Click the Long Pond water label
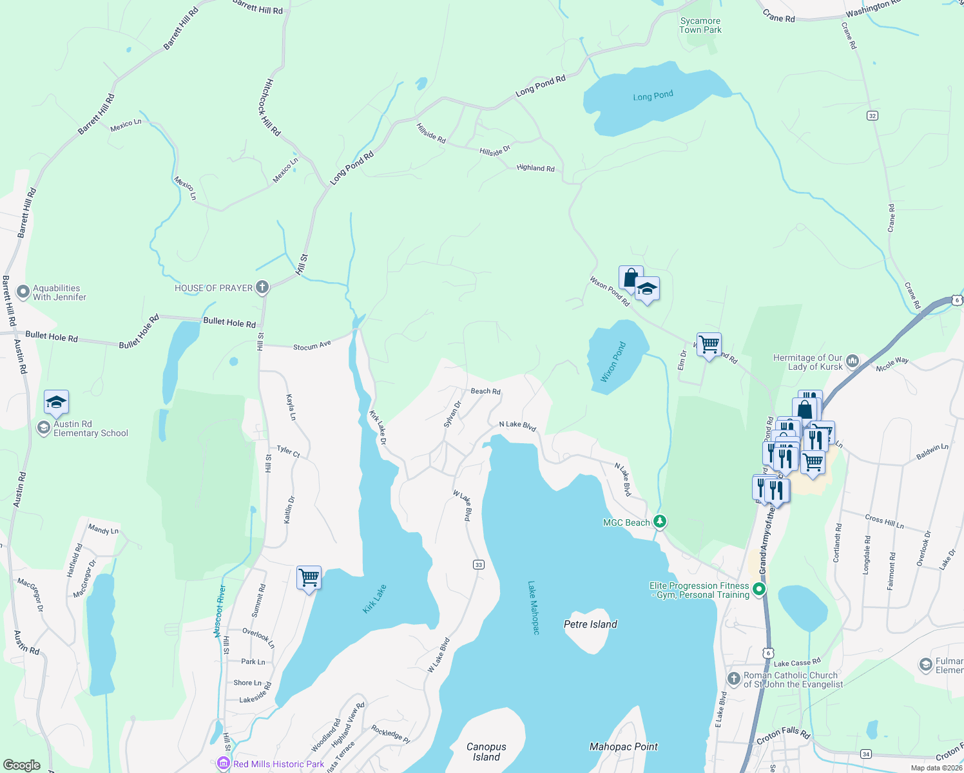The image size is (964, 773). [x=653, y=96]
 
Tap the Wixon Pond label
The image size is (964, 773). [x=613, y=362]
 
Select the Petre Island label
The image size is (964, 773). [x=590, y=624]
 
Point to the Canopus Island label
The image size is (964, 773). [x=487, y=752]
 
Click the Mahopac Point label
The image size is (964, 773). [x=624, y=747]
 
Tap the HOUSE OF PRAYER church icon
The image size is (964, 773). [x=262, y=287]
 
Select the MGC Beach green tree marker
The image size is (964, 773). [x=659, y=521]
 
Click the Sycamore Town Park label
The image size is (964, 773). [x=700, y=26]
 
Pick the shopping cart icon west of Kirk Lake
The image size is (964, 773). [x=309, y=577]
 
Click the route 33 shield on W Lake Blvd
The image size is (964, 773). [x=478, y=565]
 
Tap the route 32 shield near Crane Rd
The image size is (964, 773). [x=872, y=115]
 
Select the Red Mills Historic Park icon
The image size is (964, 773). [x=224, y=763]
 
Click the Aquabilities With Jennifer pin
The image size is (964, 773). [x=23, y=292]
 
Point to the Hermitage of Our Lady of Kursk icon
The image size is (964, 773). [x=853, y=361]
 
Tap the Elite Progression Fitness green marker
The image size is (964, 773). [x=760, y=589]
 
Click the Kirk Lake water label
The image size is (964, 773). [x=374, y=599]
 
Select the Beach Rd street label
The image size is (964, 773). [x=485, y=391]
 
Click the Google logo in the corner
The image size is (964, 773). [x=22, y=765]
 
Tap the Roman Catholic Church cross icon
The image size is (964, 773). [x=733, y=678]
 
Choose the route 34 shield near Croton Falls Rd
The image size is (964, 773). [x=866, y=754]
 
